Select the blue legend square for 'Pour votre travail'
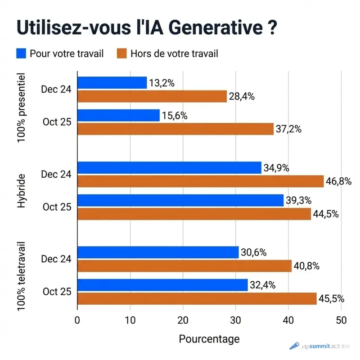[x=21, y=54]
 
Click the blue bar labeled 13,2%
[x=112, y=83]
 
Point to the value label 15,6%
[x=175, y=116]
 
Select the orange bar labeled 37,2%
[x=175, y=129]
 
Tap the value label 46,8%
[x=338, y=181]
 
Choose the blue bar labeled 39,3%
[x=180, y=201]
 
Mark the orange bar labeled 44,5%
[x=194, y=214]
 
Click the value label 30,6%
[x=253, y=253]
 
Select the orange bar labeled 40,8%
[x=184, y=266]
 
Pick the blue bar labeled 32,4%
[x=162, y=285]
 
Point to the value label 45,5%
[x=332, y=298]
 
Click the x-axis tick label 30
[x=236, y=320]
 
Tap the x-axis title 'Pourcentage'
[x=209, y=339]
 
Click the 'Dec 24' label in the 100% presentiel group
[x=56, y=89]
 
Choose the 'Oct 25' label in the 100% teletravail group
[x=57, y=292]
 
